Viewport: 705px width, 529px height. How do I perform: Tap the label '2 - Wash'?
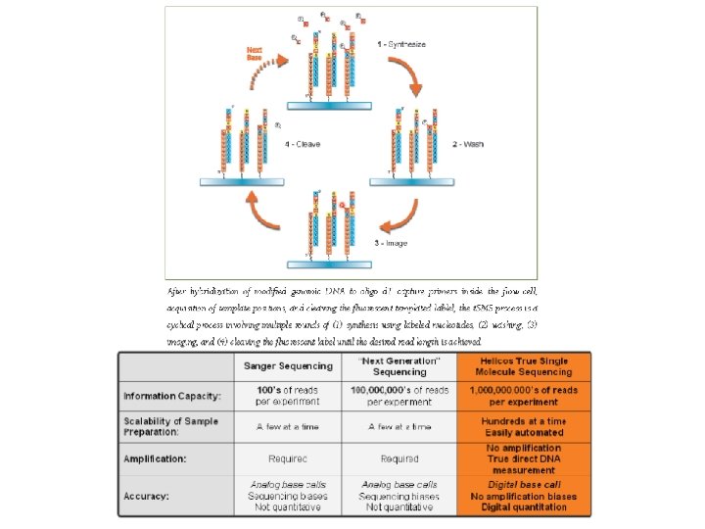[x=467, y=144]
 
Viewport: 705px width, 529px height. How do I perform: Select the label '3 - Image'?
[x=389, y=241]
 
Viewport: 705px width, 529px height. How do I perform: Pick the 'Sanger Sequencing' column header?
[x=287, y=367]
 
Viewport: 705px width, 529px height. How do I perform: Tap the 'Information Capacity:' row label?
[x=172, y=396]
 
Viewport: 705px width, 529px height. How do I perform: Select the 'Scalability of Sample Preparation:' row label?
[x=172, y=426]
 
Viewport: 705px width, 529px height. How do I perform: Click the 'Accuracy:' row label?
[x=146, y=496]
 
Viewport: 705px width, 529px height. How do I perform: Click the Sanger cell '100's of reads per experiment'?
[x=287, y=396]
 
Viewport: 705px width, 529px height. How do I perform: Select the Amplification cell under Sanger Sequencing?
[x=287, y=457]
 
